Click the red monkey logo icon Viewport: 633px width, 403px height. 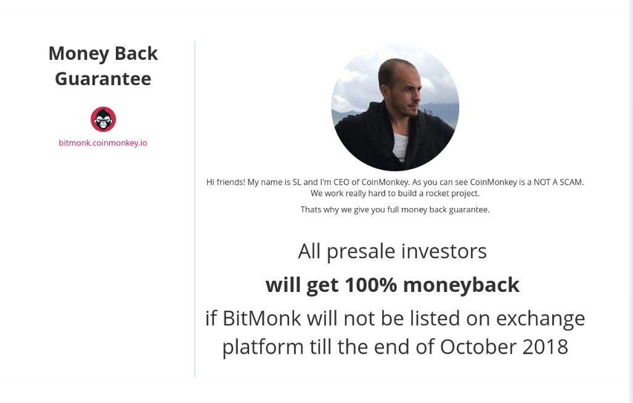tap(104, 119)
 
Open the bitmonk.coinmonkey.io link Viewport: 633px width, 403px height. tap(103, 143)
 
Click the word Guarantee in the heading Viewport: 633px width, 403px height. tap(103, 78)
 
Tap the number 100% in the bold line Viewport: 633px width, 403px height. tap(370, 285)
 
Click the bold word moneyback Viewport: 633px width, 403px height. tap(461, 286)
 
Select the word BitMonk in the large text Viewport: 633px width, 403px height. tap(261, 318)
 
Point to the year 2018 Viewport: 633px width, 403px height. tap(545, 347)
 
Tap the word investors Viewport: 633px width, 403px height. tap(444, 251)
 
